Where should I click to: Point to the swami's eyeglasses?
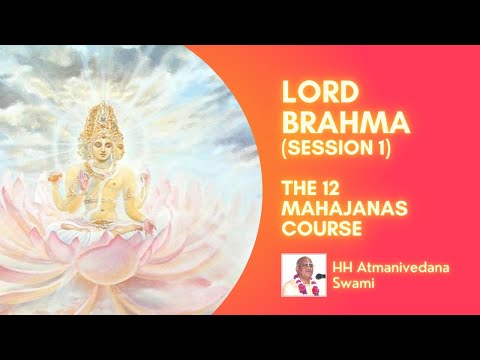coord(297,271)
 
